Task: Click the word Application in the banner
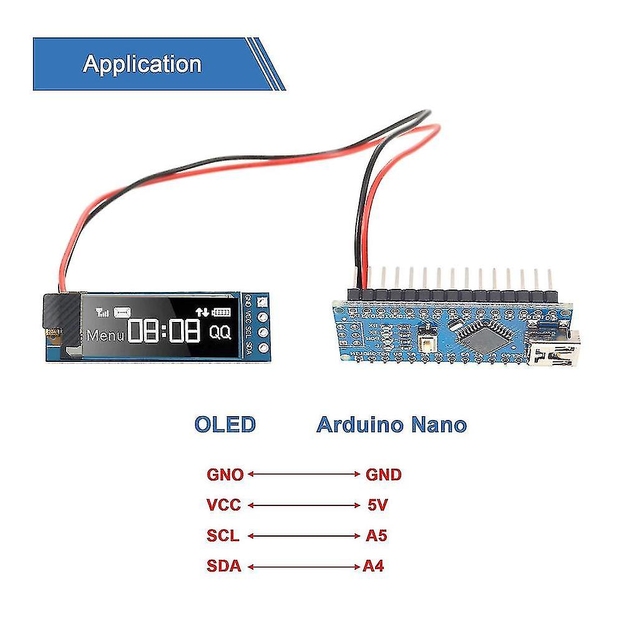click(142, 64)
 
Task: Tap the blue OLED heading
click(225, 424)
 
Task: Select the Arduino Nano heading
click(391, 424)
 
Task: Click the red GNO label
click(225, 474)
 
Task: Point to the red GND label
click(383, 474)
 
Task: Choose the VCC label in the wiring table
click(223, 505)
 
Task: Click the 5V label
click(379, 505)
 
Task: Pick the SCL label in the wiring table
click(223, 535)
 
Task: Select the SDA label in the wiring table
click(223, 567)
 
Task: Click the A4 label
click(374, 567)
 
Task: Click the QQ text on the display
click(220, 333)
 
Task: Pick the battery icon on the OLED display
click(221, 312)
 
